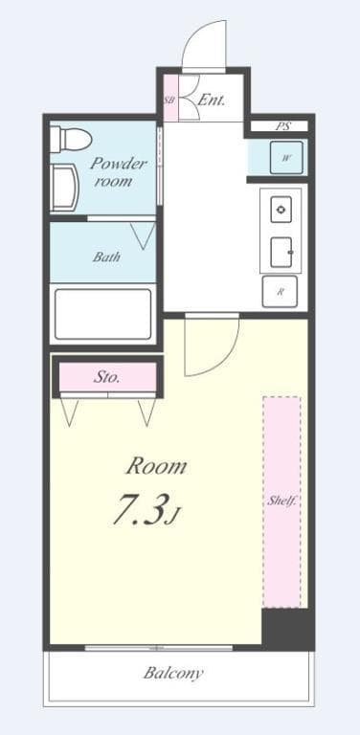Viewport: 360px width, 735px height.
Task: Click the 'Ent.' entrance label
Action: pos(212,100)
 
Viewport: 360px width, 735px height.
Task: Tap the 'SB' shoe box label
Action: pos(169,100)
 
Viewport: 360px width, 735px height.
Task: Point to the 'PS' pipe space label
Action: pos(282,126)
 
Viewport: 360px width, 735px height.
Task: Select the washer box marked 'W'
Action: pos(286,158)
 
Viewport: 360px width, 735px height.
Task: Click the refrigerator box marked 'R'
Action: pos(280,291)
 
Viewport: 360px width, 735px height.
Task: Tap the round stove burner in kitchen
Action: pos(281,209)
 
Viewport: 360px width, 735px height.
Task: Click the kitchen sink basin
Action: pos(281,250)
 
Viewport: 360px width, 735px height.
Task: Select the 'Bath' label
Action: pos(105,256)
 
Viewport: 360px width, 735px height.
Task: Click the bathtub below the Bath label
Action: pos(102,314)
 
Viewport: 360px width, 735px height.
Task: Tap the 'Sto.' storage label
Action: pos(106,377)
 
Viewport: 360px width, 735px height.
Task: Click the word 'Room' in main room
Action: pos(156,467)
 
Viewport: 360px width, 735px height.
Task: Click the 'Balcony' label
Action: pos(173,673)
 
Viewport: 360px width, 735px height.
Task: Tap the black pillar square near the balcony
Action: pos(287,628)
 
